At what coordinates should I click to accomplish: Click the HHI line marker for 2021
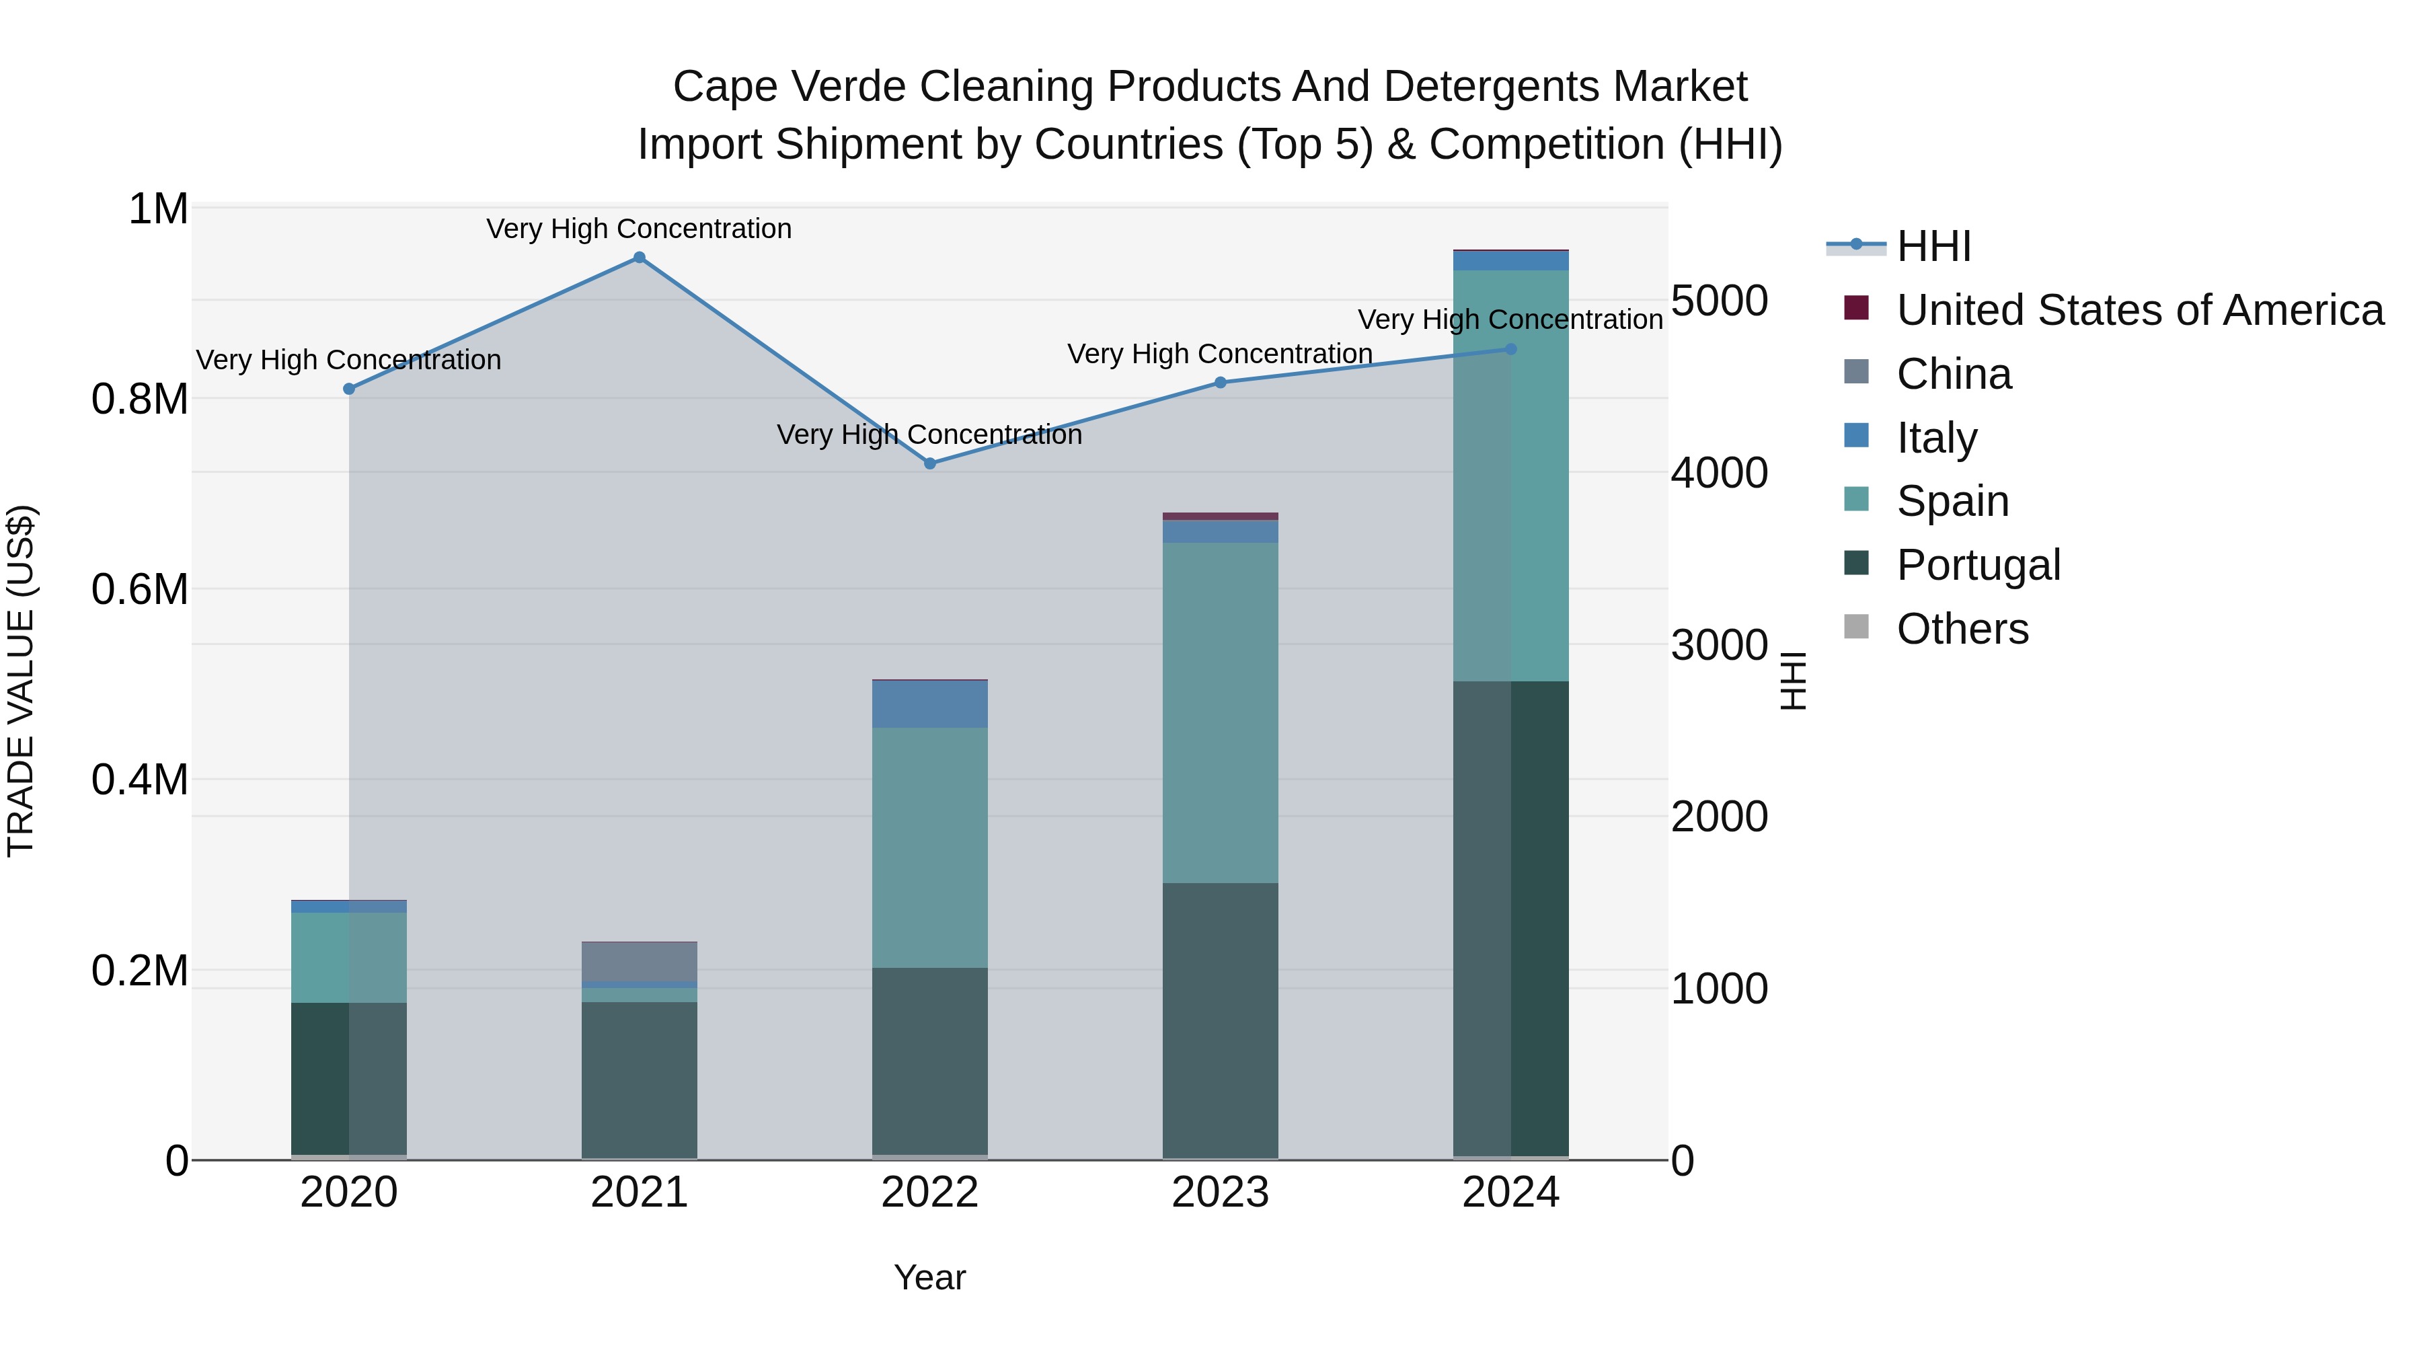click(x=639, y=258)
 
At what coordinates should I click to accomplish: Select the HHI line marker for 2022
click(x=929, y=463)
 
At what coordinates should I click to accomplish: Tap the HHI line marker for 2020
click(x=348, y=389)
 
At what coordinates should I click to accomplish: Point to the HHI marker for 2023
click(x=1220, y=383)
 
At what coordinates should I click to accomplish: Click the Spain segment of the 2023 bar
click(x=1220, y=712)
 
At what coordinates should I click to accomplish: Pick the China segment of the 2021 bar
click(x=639, y=962)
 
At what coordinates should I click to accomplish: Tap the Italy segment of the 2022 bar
click(x=929, y=704)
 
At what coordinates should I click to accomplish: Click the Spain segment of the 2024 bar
click(x=1510, y=476)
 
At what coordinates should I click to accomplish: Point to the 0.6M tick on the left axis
click(x=139, y=591)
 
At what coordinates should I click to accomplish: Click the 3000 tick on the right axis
click(x=1719, y=645)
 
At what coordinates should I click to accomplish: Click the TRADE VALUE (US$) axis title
click(x=21, y=681)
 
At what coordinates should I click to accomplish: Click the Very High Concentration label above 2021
click(x=639, y=229)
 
